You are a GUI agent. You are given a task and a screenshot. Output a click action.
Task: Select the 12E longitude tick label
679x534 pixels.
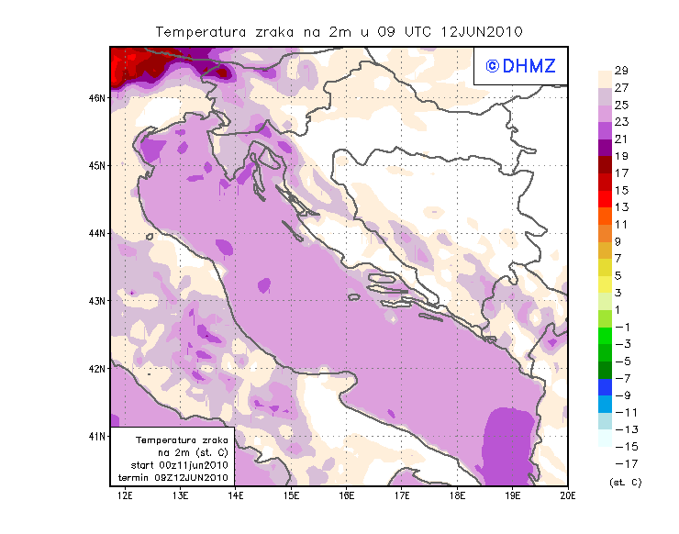click(125, 495)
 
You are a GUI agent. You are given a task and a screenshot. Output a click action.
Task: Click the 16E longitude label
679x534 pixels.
click(346, 495)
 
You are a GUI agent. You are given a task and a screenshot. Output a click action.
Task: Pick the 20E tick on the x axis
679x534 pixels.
click(568, 495)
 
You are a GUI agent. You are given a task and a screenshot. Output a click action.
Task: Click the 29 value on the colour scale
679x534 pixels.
click(621, 71)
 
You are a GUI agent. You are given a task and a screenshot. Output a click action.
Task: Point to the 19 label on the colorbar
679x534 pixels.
click(621, 156)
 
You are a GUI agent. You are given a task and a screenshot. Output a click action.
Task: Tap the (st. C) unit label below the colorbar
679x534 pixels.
click(625, 482)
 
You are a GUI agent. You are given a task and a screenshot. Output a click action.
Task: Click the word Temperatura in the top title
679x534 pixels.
click(200, 32)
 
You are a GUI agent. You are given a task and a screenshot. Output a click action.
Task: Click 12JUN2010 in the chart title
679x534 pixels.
click(483, 32)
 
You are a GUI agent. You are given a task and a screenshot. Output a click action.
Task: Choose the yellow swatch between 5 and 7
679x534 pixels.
click(606, 267)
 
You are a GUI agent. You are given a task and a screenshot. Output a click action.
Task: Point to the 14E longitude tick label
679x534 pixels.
click(236, 495)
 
